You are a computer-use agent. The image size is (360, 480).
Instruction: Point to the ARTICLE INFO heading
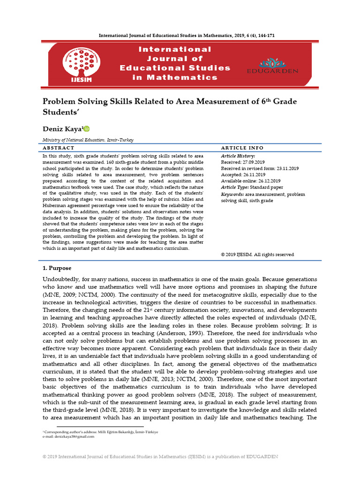click(x=242, y=148)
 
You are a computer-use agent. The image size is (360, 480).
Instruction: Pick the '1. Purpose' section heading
click(x=57, y=268)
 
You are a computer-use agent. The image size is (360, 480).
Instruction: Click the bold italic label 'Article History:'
click(x=238, y=156)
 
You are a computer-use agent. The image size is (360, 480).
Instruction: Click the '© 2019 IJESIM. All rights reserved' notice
click(x=257, y=255)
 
